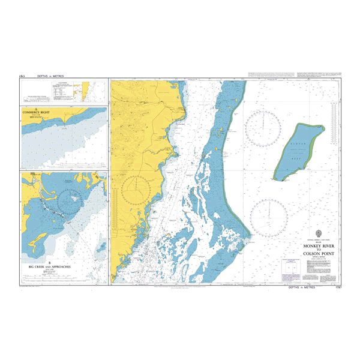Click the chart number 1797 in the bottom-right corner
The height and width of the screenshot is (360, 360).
(x=335, y=287)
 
